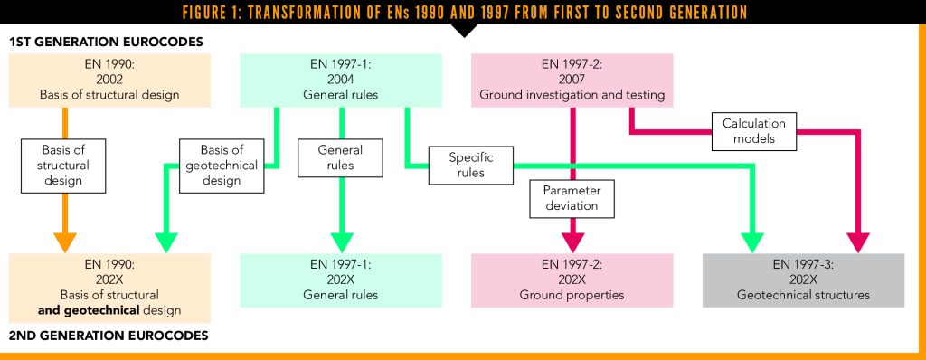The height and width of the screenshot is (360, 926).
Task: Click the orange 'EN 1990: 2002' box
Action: point(109,80)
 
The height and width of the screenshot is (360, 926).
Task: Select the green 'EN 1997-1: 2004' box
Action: point(341,80)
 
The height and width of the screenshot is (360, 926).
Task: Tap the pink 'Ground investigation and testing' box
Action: point(572,80)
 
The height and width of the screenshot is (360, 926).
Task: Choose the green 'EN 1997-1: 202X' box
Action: point(341,279)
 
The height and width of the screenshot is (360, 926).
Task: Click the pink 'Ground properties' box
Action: point(572,279)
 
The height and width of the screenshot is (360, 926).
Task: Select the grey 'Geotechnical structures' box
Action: point(803,279)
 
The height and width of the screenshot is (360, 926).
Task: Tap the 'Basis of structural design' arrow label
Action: point(62,166)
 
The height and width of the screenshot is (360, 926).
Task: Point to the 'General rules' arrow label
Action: point(341,157)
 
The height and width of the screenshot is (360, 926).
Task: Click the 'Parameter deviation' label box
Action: point(572,197)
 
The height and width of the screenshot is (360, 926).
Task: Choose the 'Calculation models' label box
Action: point(754,130)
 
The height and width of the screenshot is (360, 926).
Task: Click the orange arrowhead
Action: point(64,242)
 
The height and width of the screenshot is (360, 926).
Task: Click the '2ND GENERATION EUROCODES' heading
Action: point(109,336)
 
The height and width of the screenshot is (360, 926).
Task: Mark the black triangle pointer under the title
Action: point(463,30)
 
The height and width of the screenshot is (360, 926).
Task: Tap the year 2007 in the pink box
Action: point(572,80)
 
